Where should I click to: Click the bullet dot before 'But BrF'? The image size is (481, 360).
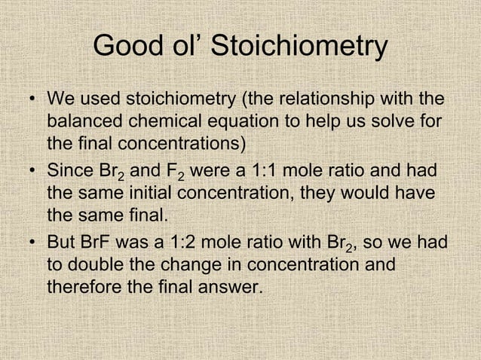(33, 244)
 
